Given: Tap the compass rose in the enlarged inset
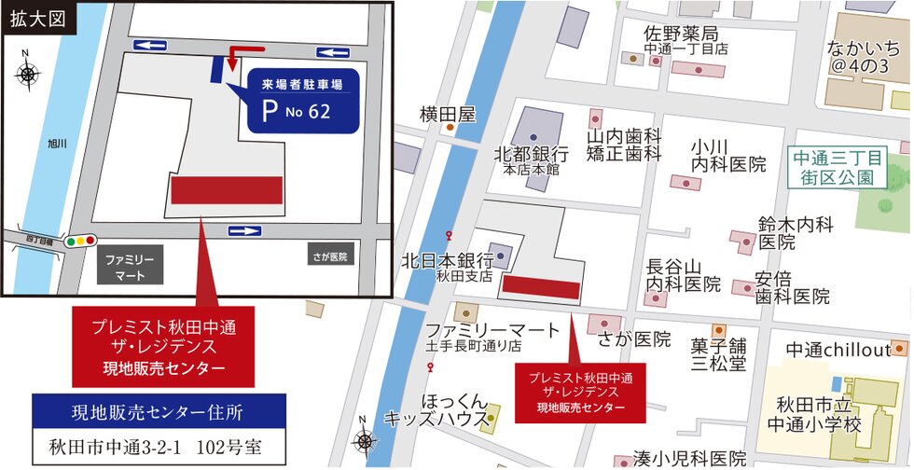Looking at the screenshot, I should tap(27, 72).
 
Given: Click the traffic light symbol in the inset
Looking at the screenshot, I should tap(81, 241).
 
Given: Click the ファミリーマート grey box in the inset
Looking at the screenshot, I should tap(130, 265).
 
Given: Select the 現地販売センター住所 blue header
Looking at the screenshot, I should tap(158, 409).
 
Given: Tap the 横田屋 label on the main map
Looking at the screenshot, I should tap(448, 115).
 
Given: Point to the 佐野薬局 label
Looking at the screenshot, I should tap(685, 35).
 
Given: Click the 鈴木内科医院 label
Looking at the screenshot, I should tap(796, 232).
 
